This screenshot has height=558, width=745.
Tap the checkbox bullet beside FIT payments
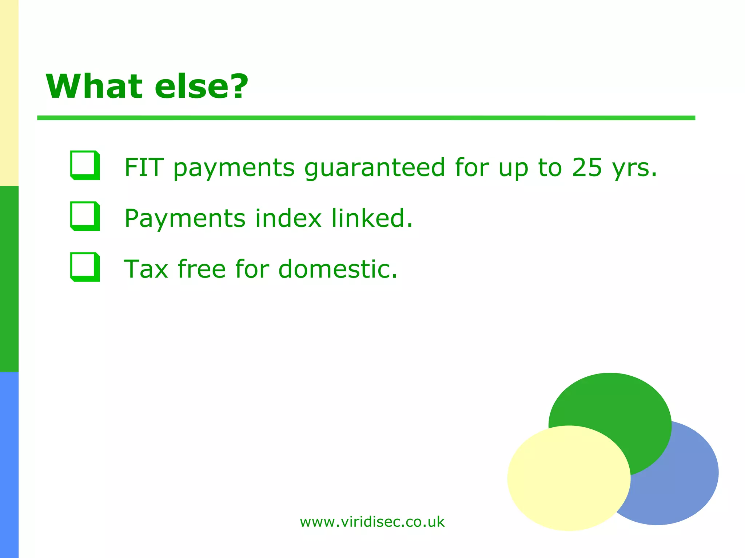click(x=85, y=165)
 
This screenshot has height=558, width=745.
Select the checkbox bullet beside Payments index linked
click(x=85, y=216)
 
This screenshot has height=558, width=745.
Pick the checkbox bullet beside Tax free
click(x=85, y=267)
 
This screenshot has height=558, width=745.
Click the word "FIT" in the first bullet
click(x=144, y=167)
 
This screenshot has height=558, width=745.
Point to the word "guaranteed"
click(x=375, y=168)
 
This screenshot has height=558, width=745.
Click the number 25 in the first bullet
click(x=586, y=167)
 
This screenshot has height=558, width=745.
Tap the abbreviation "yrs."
click(x=634, y=168)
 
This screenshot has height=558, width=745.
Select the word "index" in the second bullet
click(x=288, y=218)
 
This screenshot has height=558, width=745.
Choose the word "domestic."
click(x=338, y=269)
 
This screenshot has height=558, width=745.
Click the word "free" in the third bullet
click(x=202, y=269)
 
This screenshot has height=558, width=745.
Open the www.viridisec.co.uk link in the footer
click(x=372, y=522)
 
